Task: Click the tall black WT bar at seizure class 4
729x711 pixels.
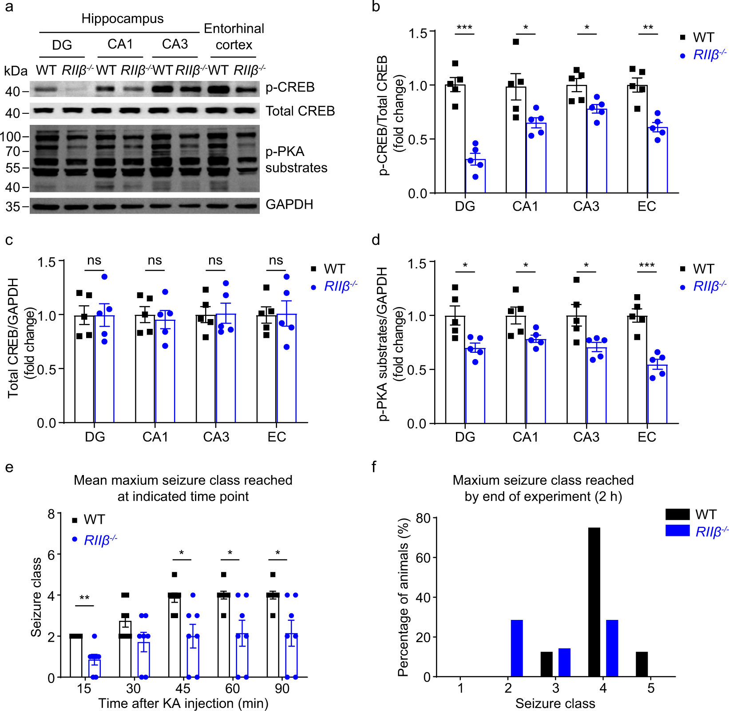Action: pyautogui.click(x=594, y=602)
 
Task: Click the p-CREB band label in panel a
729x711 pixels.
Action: pyautogui.click(x=290, y=87)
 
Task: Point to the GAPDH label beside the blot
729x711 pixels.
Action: pyautogui.click(x=289, y=204)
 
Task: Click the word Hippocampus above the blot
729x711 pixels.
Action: pyautogui.click(x=123, y=19)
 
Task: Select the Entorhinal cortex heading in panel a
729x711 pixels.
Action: pyautogui.click(x=234, y=36)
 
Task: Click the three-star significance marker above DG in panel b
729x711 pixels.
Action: pyautogui.click(x=464, y=28)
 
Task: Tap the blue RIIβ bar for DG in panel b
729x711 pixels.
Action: pyautogui.click(x=475, y=176)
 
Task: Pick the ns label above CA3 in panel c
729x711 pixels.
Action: pyautogui.click(x=215, y=260)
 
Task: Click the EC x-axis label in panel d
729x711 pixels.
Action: pyautogui.click(x=646, y=437)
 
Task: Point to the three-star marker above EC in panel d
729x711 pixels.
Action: pyautogui.click(x=646, y=266)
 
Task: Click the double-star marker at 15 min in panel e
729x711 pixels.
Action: pyautogui.click(x=84, y=598)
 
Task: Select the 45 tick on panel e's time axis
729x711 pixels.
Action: pyautogui.click(x=183, y=689)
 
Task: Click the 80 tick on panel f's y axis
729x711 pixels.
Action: pyautogui.click(x=423, y=518)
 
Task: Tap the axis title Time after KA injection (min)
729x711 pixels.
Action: pyautogui.click(x=183, y=703)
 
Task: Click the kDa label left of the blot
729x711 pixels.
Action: pyautogui.click(x=16, y=71)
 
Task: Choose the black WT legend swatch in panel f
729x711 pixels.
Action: pyautogui.click(x=677, y=515)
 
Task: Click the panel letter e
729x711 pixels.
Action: pyautogui.click(x=9, y=467)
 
